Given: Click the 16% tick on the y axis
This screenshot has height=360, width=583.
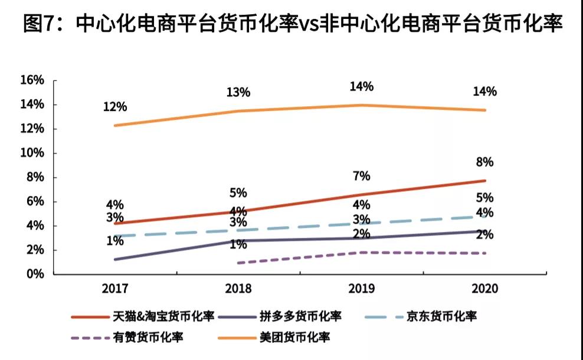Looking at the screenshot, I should [32, 80].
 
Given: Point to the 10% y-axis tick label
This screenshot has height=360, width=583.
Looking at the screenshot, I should [32, 153].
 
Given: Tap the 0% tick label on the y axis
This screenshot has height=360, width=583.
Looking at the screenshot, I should [35, 274].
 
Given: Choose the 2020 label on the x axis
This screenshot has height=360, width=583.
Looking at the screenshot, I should [485, 289].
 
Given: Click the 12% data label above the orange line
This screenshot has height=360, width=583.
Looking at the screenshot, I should [114, 107].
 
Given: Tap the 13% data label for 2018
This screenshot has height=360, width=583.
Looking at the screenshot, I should [238, 92].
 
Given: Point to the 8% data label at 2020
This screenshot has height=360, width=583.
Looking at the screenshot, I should [485, 162].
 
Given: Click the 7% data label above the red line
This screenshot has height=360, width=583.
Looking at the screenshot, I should [362, 176].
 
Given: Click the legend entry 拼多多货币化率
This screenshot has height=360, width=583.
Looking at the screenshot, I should [300, 316].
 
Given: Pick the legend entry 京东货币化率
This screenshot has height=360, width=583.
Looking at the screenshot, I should [440, 316].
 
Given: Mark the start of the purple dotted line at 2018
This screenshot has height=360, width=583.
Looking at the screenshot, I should [237, 263].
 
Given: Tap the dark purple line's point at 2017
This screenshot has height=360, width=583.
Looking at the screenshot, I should [114, 259].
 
